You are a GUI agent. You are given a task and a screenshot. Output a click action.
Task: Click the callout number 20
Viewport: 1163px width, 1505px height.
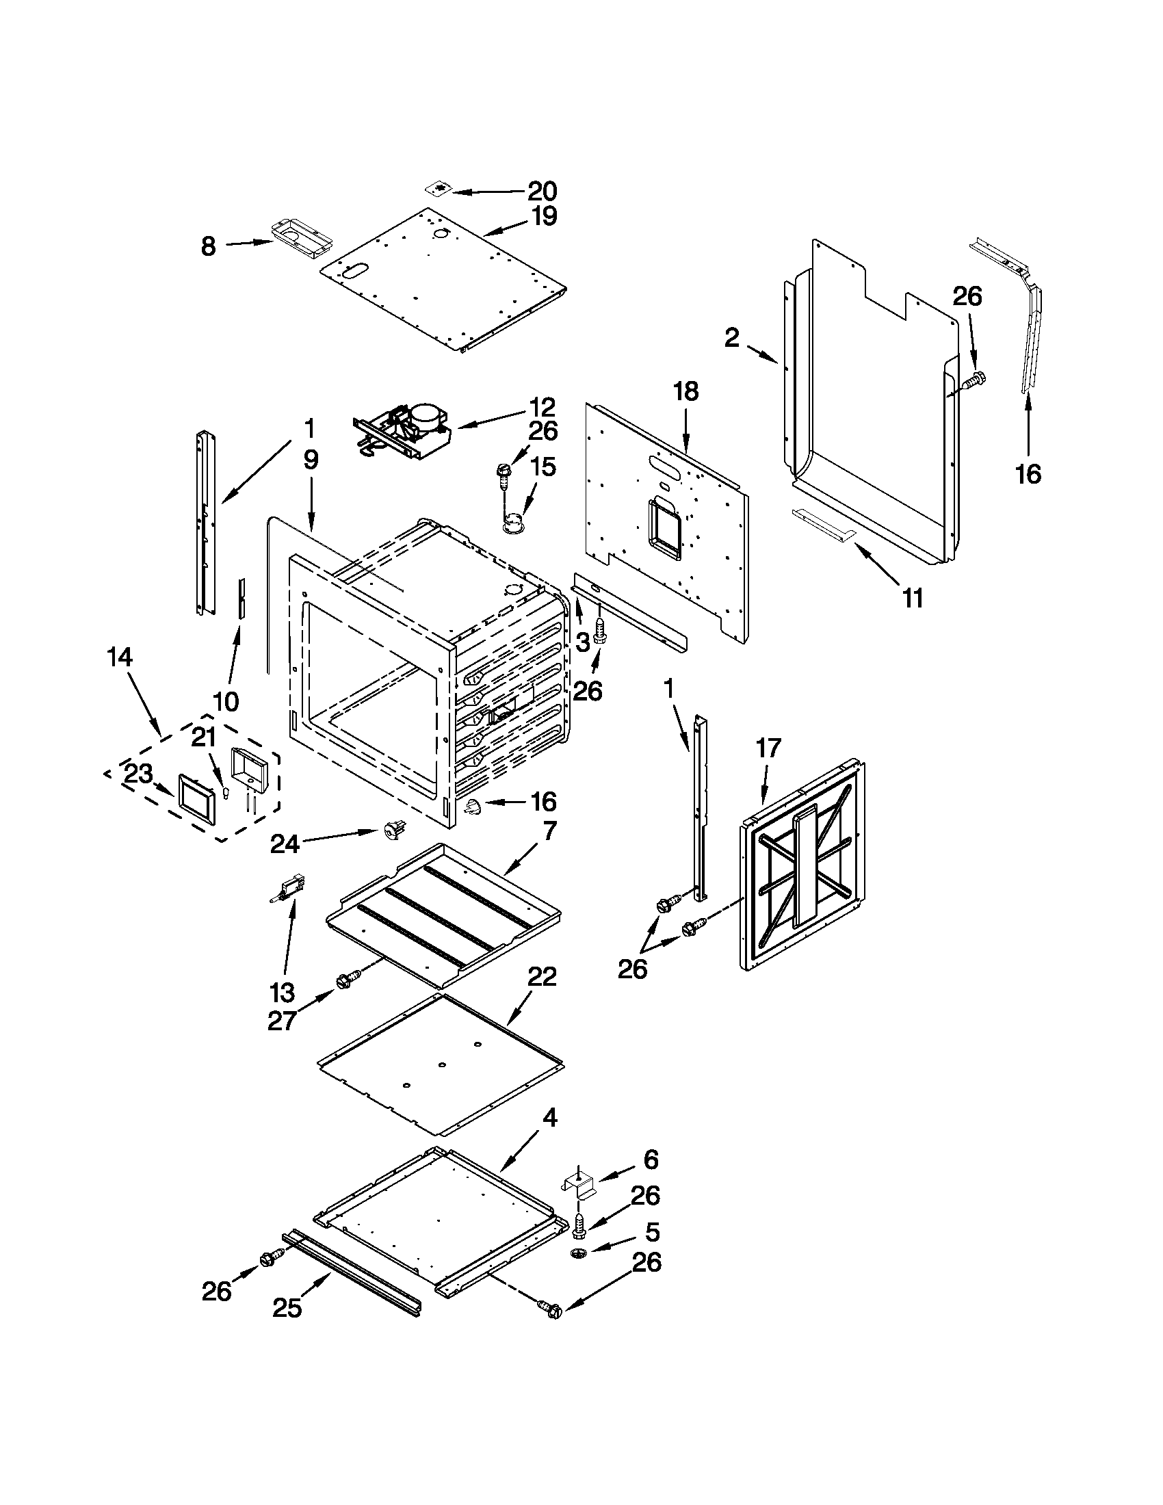(x=543, y=191)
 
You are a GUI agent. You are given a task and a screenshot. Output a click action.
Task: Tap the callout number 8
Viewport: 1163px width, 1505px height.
(x=208, y=246)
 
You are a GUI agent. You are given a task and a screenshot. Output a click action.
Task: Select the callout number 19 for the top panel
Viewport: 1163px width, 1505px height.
(x=544, y=216)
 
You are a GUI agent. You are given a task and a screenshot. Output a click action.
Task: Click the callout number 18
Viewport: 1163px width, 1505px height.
(x=686, y=391)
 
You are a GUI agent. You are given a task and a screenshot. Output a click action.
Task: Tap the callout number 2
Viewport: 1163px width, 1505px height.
(x=732, y=337)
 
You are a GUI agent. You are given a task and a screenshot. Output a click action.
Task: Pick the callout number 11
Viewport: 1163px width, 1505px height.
(x=913, y=598)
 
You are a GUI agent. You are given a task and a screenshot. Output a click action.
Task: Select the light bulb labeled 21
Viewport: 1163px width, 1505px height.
(x=224, y=793)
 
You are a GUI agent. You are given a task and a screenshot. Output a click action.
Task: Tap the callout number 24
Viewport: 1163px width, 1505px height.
(x=284, y=843)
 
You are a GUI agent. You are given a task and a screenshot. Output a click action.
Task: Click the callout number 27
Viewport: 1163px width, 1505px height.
(x=282, y=1021)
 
